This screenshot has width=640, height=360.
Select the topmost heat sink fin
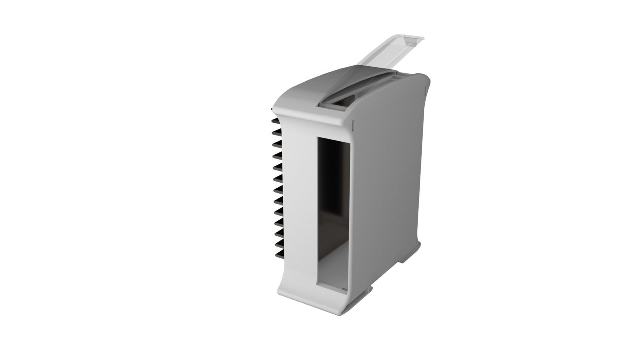pyautogui.click(x=277, y=120)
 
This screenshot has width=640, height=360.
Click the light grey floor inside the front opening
pyautogui.click(x=332, y=276)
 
